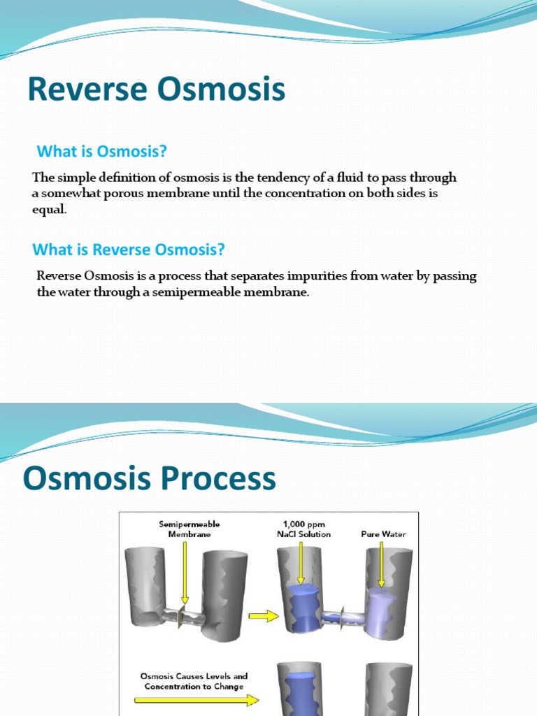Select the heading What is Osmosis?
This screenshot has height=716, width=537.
pyautogui.click(x=102, y=151)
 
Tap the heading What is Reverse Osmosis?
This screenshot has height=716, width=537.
pyautogui.click(x=129, y=250)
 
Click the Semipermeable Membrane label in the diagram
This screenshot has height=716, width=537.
pyautogui.click(x=184, y=529)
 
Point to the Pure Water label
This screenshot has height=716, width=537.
pyautogui.click(x=383, y=534)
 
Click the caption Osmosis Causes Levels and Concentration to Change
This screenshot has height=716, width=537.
pyautogui.click(x=194, y=681)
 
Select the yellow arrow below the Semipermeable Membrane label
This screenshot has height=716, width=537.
pyautogui.click(x=184, y=570)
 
